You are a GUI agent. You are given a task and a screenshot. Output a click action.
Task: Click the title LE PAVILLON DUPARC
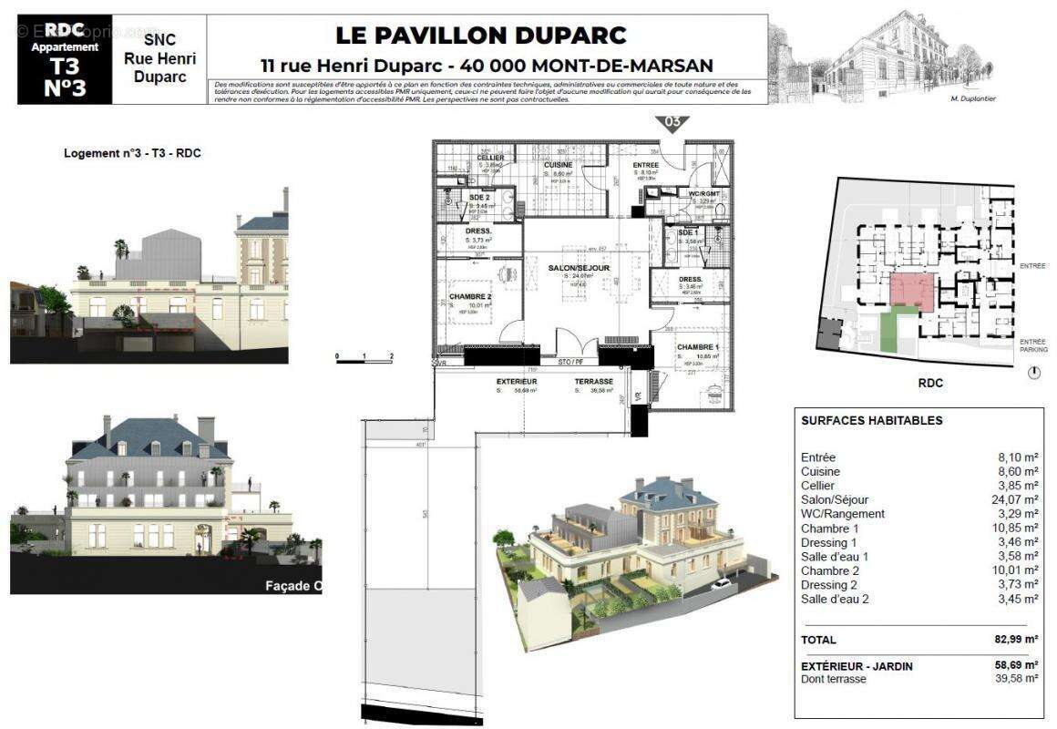pos(481,36)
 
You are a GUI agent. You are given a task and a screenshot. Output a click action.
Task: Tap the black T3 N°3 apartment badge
pos(65,59)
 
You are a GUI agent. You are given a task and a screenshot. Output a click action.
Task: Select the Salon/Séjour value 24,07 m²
pos(1018,500)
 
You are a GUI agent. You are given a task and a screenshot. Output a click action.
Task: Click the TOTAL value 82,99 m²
pos(1018,640)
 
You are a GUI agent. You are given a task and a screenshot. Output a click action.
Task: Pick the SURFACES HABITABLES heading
pos(871,421)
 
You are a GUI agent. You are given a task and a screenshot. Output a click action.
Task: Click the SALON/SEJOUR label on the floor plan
pos(584,268)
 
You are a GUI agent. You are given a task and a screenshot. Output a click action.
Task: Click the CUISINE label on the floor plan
pos(558,164)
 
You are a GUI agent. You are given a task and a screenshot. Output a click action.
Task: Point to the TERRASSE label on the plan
pos(593,382)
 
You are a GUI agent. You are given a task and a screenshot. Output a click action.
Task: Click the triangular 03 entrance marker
pos(672,123)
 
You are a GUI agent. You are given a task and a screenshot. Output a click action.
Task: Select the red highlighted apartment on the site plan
pos(911,292)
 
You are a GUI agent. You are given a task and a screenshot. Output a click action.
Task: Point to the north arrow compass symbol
pos(1033,373)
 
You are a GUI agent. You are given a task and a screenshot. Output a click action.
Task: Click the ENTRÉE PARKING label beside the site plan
pos(1033,344)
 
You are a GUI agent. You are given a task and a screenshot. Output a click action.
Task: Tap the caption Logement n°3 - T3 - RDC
pos(132,153)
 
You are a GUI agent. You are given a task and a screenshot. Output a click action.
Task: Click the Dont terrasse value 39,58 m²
pos(1018,679)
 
